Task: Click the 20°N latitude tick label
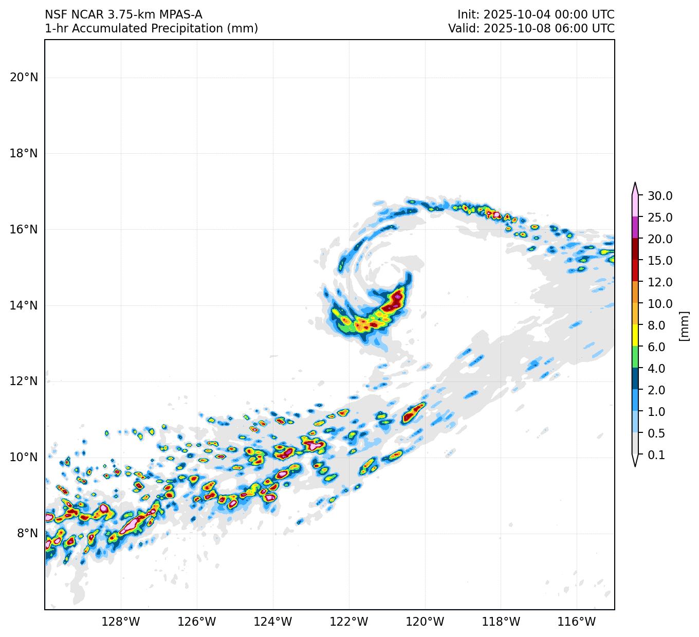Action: (x=24, y=78)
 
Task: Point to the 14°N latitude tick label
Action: (x=24, y=305)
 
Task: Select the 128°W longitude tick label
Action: (x=121, y=622)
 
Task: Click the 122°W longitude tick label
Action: (x=349, y=622)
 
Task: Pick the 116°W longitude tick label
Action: (x=577, y=622)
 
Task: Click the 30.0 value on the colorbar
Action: (x=660, y=196)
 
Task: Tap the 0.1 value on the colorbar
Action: (x=656, y=455)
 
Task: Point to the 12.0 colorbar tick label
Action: (x=660, y=282)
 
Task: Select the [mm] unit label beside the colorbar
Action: (x=684, y=325)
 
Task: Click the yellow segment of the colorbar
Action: (x=635, y=336)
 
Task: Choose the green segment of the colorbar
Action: (x=635, y=357)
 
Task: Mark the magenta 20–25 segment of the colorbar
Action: (x=635, y=228)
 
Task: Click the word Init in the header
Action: (x=467, y=15)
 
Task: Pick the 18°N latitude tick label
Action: (x=24, y=154)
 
